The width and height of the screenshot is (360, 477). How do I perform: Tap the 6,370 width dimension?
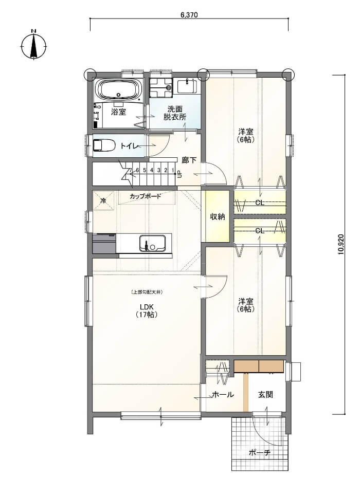(x=189, y=15)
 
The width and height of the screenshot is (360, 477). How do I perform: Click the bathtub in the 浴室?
(x=119, y=89)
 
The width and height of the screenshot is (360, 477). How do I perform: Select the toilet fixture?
(x=104, y=145)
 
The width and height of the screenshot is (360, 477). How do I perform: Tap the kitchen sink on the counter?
(x=152, y=243)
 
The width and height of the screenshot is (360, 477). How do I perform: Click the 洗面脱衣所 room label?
(x=175, y=113)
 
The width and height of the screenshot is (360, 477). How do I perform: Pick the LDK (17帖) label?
(x=147, y=310)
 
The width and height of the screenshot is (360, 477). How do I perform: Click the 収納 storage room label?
(x=217, y=216)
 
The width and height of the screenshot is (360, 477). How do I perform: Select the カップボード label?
(x=145, y=196)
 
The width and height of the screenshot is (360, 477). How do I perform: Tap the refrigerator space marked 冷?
(x=103, y=200)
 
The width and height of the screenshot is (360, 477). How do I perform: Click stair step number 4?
(x=152, y=170)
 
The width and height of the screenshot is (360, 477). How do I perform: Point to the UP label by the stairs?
(x=179, y=174)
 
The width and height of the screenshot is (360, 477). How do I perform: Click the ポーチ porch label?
(x=259, y=452)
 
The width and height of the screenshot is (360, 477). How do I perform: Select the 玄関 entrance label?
(x=265, y=395)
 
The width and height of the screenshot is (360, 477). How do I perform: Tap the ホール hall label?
(x=223, y=395)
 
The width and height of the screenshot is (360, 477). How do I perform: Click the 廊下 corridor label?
(x=189, y=160)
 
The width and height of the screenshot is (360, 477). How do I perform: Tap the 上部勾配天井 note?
(x=147, y=292)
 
